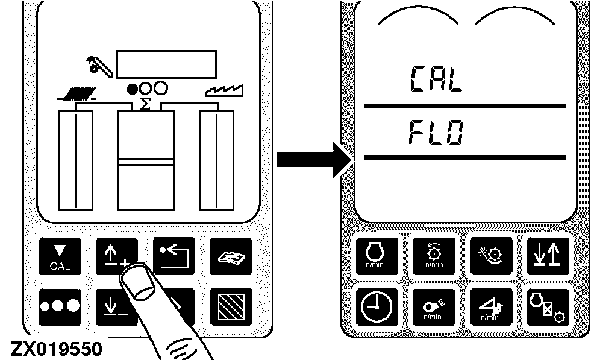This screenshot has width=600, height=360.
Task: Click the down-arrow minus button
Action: coord(111,305)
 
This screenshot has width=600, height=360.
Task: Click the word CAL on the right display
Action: coord(436,79)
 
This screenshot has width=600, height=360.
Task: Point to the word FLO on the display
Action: coord(436,131)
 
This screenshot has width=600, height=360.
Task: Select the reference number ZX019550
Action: coord(55,349)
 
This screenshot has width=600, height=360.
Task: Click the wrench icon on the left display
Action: coord(97,65)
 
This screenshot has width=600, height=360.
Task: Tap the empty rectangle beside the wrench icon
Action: coord(166,62)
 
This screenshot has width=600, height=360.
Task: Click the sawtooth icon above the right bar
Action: coord(224,91)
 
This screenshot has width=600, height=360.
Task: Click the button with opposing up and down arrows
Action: coord(545,252)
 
